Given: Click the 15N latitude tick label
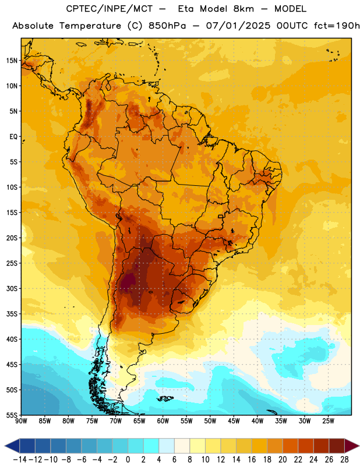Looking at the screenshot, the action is pyautogui.click(x=12, y=61).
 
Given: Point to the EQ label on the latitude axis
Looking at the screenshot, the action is pyautogui.click(x=13, y=137).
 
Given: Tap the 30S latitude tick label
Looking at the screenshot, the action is pyautogui.click(x=12, y=288).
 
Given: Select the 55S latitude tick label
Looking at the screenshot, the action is pyautogui.click(x=12, y=415).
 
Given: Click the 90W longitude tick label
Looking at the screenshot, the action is pyautogui.click(x=21, y=421).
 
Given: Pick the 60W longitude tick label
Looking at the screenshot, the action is pyautogui.click(x=163, y=421).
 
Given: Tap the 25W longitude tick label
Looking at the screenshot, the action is pyautogui.click(x=328, y=421).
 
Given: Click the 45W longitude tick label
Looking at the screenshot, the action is pyautogui.click(x=234, y=421).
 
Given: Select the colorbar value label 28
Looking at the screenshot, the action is pyautogui.click(x=344, y=460).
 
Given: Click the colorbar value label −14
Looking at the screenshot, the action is pyautogui.click(x=19, y=460).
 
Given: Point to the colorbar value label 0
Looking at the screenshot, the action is pyautogui.click(x=128, y=460).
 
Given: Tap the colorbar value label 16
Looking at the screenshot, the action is pyautogui.click(x=252, y=460).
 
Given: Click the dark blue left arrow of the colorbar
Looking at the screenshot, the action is pyautogui.click(x=12, y=446).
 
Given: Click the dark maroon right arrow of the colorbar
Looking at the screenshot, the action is pyautogui.click(x=352, y=446).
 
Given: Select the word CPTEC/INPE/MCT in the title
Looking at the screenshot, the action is pyautogui.click(x=110, y=9).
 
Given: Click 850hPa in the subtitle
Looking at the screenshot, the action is pyautogui.click(x=167, y=26).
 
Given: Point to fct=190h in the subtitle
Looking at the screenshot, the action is pyautogui.click(x=337, y=26).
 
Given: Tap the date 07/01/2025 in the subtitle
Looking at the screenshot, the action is pyautogui.click(x=238, y=26).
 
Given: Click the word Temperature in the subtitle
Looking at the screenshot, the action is pyautogui.click(x=90, y=26).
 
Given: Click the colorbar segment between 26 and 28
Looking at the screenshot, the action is pyautogui.click(x=337, y=446).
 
